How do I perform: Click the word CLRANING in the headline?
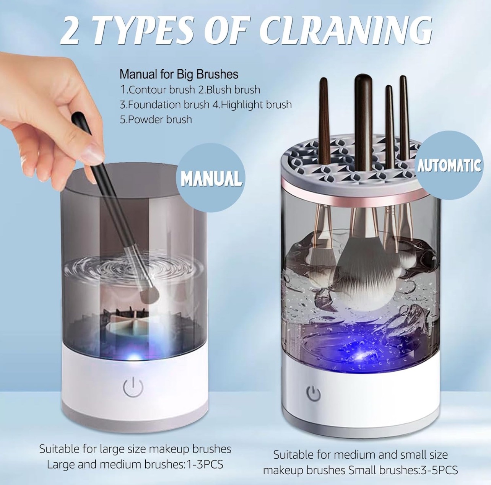[x=348, y=33]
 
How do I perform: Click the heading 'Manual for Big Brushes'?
[x=179, y=74]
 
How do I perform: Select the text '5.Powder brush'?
[x=156, y=119]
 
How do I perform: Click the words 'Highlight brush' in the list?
[x=256, y=104]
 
